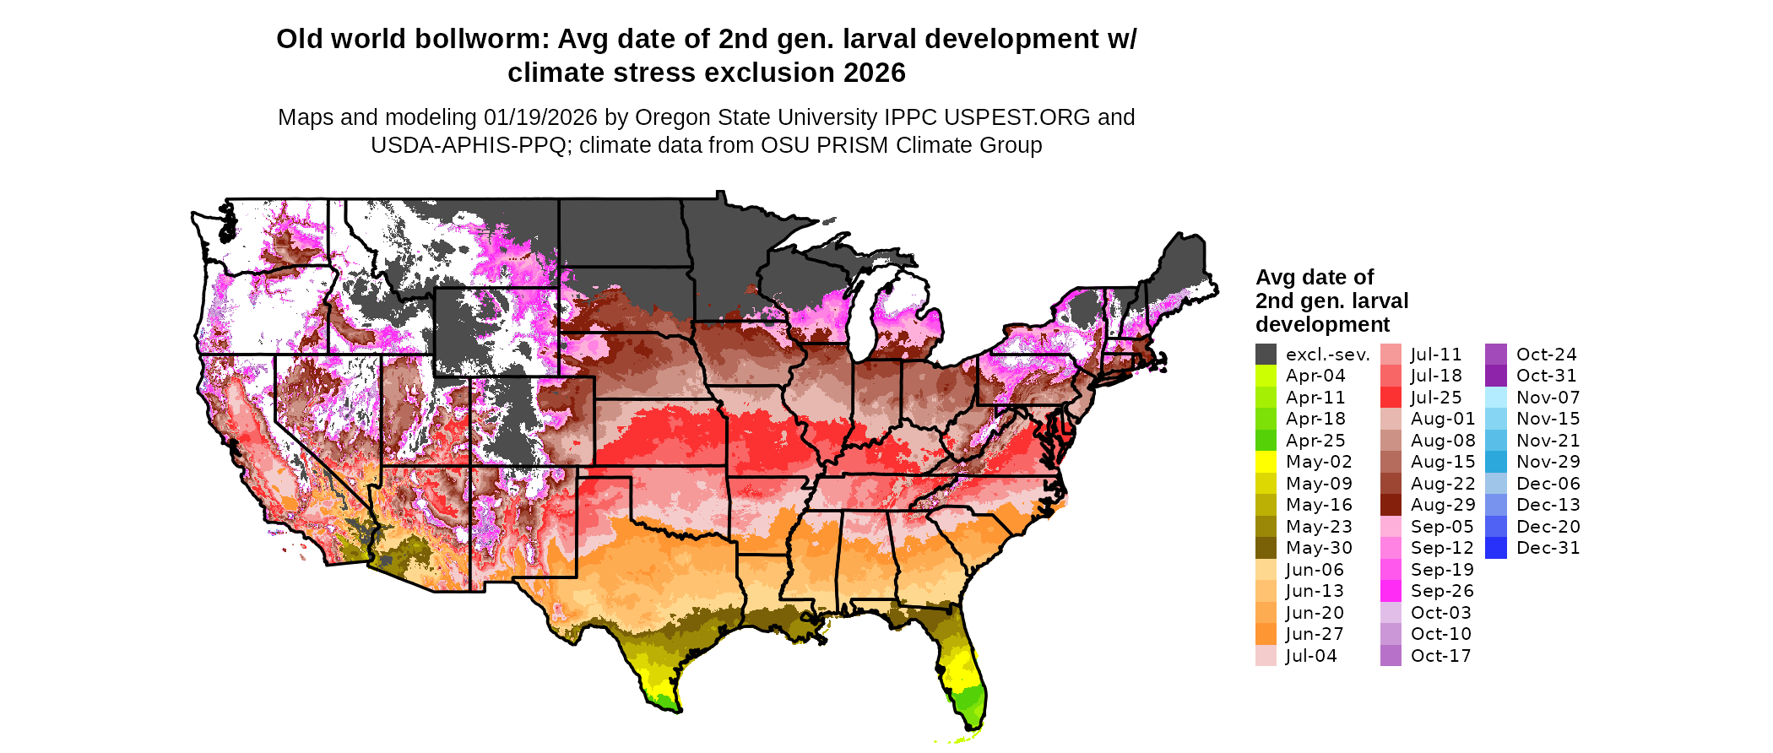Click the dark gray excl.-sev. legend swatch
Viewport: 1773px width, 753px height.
tap(1266, 355)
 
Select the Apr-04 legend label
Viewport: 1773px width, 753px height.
tap(1315, 376)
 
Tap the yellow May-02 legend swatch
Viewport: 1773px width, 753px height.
tap(1266, 462)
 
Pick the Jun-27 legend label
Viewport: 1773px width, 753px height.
tap(1315, 634)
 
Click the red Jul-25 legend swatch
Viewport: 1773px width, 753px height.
tap(1391, 398)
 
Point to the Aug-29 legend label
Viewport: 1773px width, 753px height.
tap(1443, 505)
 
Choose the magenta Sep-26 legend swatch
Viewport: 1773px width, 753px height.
tap(1391, 591)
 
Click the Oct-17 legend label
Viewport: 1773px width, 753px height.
tap(1440, 656)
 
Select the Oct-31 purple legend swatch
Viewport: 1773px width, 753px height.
tap(1495, 376)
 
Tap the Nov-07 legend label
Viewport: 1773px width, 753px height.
tap(1548, 398)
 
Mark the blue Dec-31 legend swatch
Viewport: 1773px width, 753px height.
tap(1495, 548)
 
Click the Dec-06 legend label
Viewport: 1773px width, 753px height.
tap(1548, 484)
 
